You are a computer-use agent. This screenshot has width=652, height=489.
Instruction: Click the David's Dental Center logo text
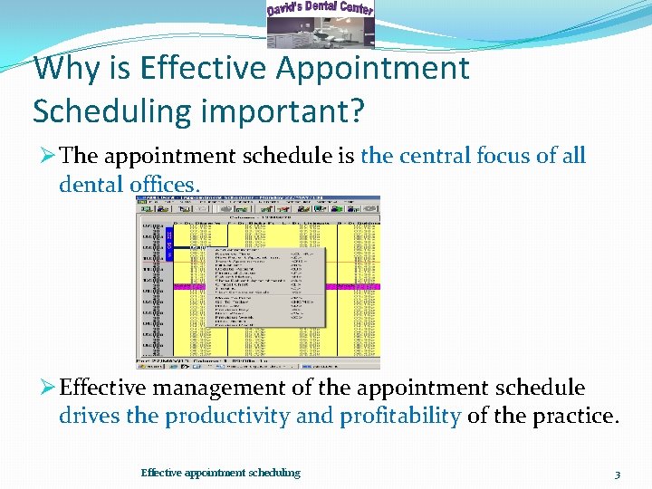[x=320, y=10]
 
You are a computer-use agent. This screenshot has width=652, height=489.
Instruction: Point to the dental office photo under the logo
[x=320, y=33]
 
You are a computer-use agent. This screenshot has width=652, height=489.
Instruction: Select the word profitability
[x=400, y=416]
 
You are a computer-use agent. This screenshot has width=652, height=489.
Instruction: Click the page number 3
[x=617, y=474]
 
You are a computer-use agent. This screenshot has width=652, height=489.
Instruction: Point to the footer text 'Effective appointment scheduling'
[x=220, y=473]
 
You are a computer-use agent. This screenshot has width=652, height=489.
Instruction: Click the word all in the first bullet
[x=574, y=156]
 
